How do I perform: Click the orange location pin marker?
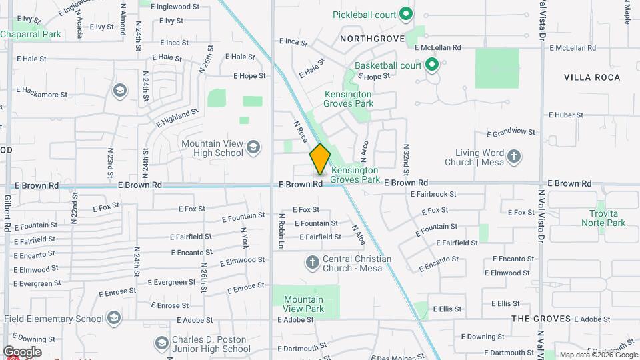coord(320,159)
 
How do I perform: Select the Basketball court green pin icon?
coord(431,65)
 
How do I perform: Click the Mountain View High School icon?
coord(253,147)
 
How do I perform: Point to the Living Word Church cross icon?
coord(513,157)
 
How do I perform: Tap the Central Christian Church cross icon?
coord(312,263)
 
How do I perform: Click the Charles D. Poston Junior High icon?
coord(161,343)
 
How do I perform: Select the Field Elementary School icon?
coord(113,318)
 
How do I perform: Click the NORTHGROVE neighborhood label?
coord(372,39)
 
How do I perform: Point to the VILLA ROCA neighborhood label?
coord(592,77)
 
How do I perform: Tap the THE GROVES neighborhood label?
coord(541,319)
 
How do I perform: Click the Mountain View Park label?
coord(303,304)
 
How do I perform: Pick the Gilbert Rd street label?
coord(7,213)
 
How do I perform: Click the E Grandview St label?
coord(511,132)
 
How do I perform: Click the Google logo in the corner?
coord(22,351)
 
